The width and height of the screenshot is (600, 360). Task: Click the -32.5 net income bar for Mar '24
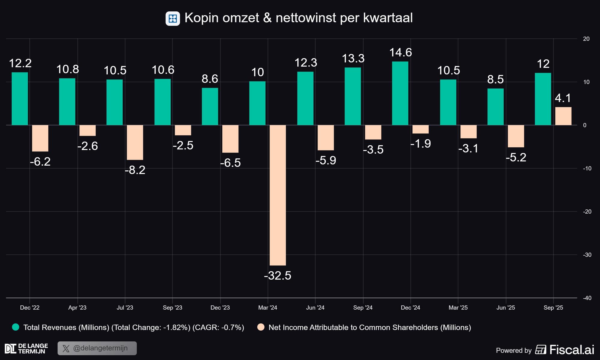point(278,195)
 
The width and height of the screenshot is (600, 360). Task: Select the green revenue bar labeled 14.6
point(400,93)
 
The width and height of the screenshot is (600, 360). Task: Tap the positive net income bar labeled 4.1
point(563,116)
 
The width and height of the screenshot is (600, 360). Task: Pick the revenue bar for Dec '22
point(20,99)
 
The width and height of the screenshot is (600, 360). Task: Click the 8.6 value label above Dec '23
point(210,79)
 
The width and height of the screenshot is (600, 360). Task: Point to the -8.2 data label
point(135,170)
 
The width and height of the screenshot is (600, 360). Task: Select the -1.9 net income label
point(421,144)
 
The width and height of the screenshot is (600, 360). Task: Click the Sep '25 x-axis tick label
point(553,307)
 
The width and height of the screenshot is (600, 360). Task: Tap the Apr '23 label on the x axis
point(77,307)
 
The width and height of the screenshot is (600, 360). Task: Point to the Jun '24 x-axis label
point(315,307)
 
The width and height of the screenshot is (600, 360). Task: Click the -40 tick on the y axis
point(587,298)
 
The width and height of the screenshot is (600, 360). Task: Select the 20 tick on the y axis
point(586,39)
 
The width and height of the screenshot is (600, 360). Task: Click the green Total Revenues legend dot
point(16,327)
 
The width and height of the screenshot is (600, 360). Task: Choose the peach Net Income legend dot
point(261,327)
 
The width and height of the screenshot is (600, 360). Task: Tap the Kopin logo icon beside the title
point(173,19)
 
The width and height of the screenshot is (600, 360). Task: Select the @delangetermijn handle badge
point(97,348)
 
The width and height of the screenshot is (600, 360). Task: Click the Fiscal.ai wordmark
point(572,350)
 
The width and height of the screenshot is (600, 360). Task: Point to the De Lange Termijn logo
point(26,349)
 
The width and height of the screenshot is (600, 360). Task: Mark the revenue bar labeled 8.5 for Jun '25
point(496,107)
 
